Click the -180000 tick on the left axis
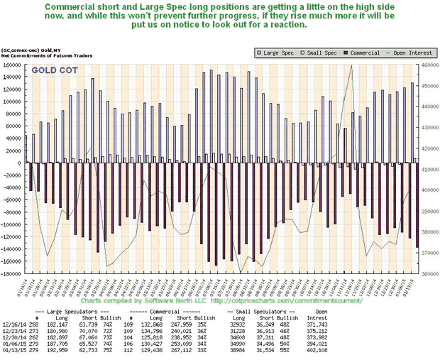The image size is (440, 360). pos(12,273)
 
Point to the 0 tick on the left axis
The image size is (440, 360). pos(21,163)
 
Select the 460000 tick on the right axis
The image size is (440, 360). pos(427,65)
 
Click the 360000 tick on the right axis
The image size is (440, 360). pos(427,273)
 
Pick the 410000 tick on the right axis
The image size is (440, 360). pos(427,169)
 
